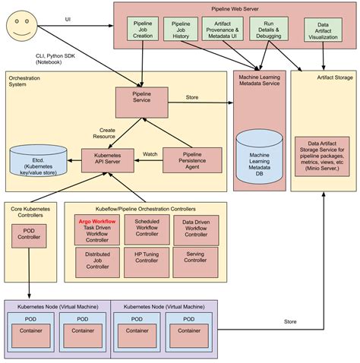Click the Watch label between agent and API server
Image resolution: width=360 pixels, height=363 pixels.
(150, 154)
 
